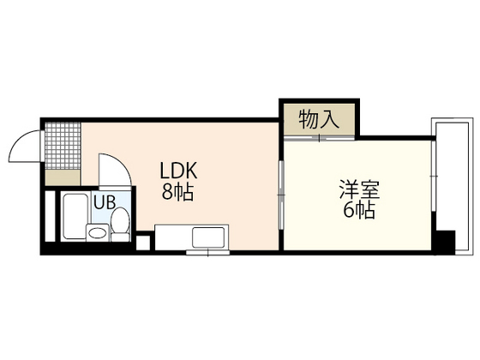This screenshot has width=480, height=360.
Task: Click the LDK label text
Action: click(177, 170)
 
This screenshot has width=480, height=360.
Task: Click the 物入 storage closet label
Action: click(318, 119)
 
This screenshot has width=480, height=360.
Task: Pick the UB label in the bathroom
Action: click(105, 203)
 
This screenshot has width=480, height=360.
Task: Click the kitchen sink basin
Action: click(208, 237)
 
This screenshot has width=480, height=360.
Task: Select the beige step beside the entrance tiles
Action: click(62, 177)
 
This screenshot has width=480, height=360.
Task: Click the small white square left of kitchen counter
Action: click(143, 242)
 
